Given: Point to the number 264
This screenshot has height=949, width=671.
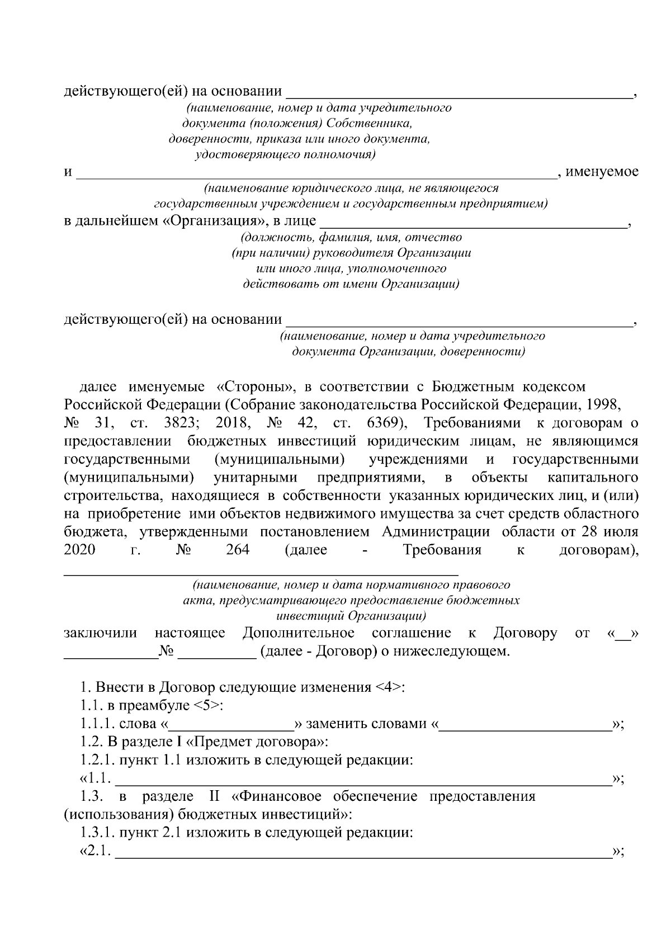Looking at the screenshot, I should coord(238,550).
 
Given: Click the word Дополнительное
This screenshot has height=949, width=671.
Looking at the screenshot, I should coord(299,634).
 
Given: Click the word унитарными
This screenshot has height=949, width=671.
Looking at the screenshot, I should coord(256,479).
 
